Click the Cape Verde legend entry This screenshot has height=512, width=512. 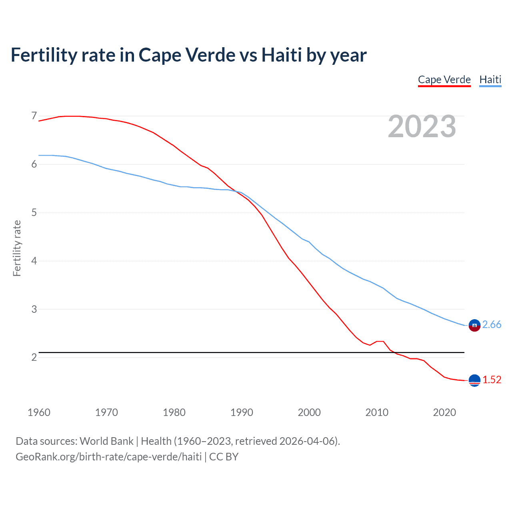tap(444, 80)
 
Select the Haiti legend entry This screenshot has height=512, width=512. tap(490, 80)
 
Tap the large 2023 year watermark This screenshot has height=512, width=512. tap(422, 126)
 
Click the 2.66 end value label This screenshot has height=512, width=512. tap(492, 324)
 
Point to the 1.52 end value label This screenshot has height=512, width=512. tap(492, 380)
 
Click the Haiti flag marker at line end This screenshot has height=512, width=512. tap(474, 326)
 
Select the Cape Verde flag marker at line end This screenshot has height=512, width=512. tap(474, 380)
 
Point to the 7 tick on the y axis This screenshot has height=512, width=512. tap(34, 116)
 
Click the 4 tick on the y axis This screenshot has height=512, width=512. tap(34, 261)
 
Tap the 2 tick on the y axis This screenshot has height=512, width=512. tap(34, 357)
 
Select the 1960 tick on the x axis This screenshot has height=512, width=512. tap(39, 412)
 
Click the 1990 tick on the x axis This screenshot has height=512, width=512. tap(242, 412)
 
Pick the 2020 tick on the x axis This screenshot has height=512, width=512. tap(444, 412)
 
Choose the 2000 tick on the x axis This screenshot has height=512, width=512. tap(309, 412)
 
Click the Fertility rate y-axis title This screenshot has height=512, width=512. tap(17, 248)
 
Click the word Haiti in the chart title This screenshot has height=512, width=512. tap(282, 55)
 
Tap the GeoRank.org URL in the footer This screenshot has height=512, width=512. tap(108, 457)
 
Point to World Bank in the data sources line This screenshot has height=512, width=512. tap(106, 441)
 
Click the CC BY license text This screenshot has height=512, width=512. tap(224, 457)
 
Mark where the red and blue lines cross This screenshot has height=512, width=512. tap(238, 192)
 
